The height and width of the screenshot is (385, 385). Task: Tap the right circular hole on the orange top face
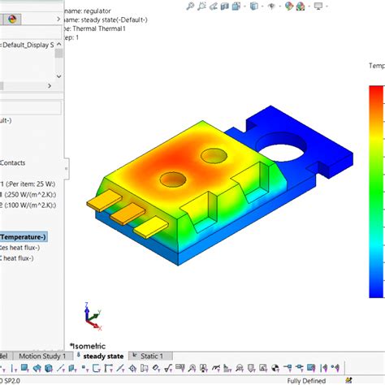pos(214,154)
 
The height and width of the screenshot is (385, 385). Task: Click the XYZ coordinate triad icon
pos(90,315)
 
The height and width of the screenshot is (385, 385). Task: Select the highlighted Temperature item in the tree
pos(24,236)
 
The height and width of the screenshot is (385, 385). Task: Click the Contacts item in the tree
pos(16,162)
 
